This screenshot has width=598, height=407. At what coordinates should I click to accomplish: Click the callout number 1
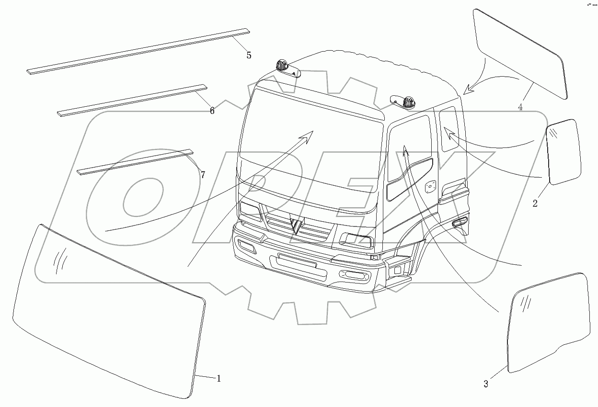(x=218, y=379)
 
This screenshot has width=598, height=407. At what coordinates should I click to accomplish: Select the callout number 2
(x=535, y=203)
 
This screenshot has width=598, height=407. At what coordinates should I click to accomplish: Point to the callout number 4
(x=520, y=108)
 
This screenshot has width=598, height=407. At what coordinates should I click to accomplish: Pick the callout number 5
(x=249, y=55)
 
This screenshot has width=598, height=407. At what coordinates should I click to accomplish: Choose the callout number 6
(x=212, y=111)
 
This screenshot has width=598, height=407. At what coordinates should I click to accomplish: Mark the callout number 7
(x=203, y=175)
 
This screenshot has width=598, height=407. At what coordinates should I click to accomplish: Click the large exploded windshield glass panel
(x=110, y=311)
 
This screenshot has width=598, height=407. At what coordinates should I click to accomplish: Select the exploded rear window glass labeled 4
(x=520, y=53)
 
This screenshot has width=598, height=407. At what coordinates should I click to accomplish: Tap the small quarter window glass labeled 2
(x=564, y=152)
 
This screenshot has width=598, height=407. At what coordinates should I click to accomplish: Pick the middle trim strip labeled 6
(x=132, y=100)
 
